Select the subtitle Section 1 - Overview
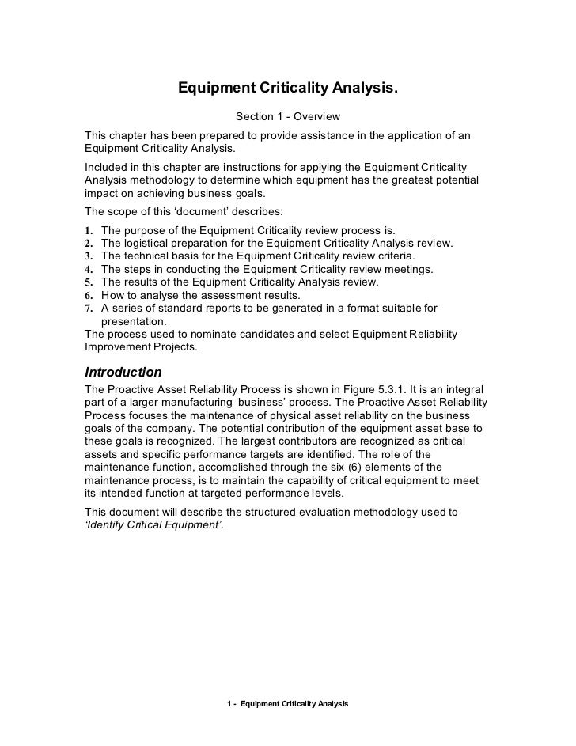[287, 117]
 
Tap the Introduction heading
[123, 371]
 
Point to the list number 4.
[89, 270]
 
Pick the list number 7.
[89, 309]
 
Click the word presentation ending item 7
[133, 321]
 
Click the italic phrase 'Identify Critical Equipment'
[153, 524]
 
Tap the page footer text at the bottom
[287, 703]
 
